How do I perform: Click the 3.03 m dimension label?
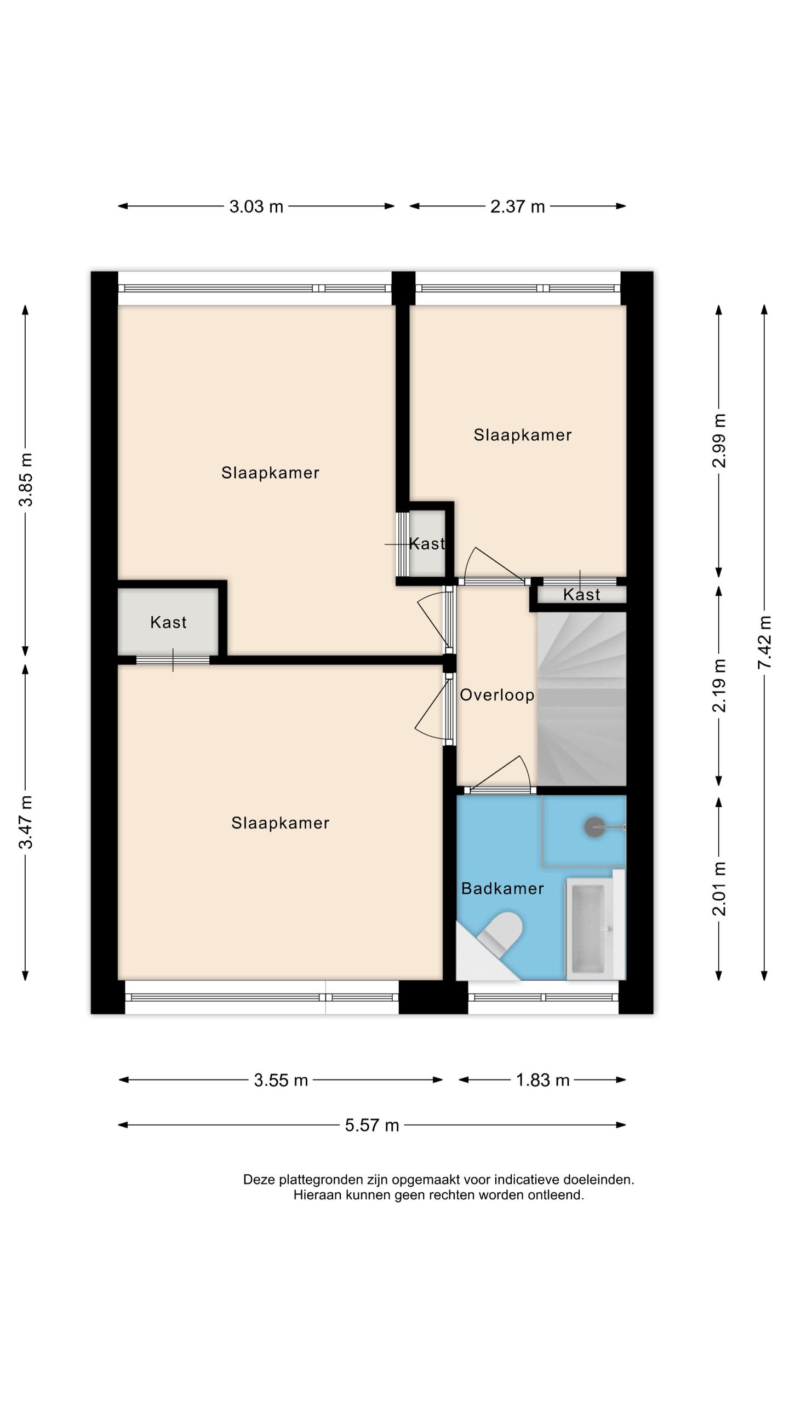pyautogui.click(x=256, y=206)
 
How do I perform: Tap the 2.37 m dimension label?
pyautogui.click(x=517, y=206)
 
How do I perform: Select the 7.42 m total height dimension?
pyautogui.click(x=764, y=642)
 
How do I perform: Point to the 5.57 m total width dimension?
pyautogui.click(x=371, y=1125)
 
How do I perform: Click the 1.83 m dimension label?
pyautogui.click(x=542, y=1080)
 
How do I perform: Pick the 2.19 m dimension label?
pyautogui.click(x=719, y=685)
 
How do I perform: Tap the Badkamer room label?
pyautogui.click(x=502, y=888)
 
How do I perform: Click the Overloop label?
pyautogui.click(x=497, y=695)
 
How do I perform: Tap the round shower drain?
pyautogui.click(x=594, y=827)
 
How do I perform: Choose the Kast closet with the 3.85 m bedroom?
pyautogui.click(x=168, y=622)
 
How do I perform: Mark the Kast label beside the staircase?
pyautogui.click(x=581, y=595)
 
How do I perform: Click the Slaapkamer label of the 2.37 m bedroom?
pyautogui.click(x=523, y=435)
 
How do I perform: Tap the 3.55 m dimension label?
pyautogui.click(x=281, y=1080)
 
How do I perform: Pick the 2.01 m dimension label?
pyautogui.click(x=719, y=888)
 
